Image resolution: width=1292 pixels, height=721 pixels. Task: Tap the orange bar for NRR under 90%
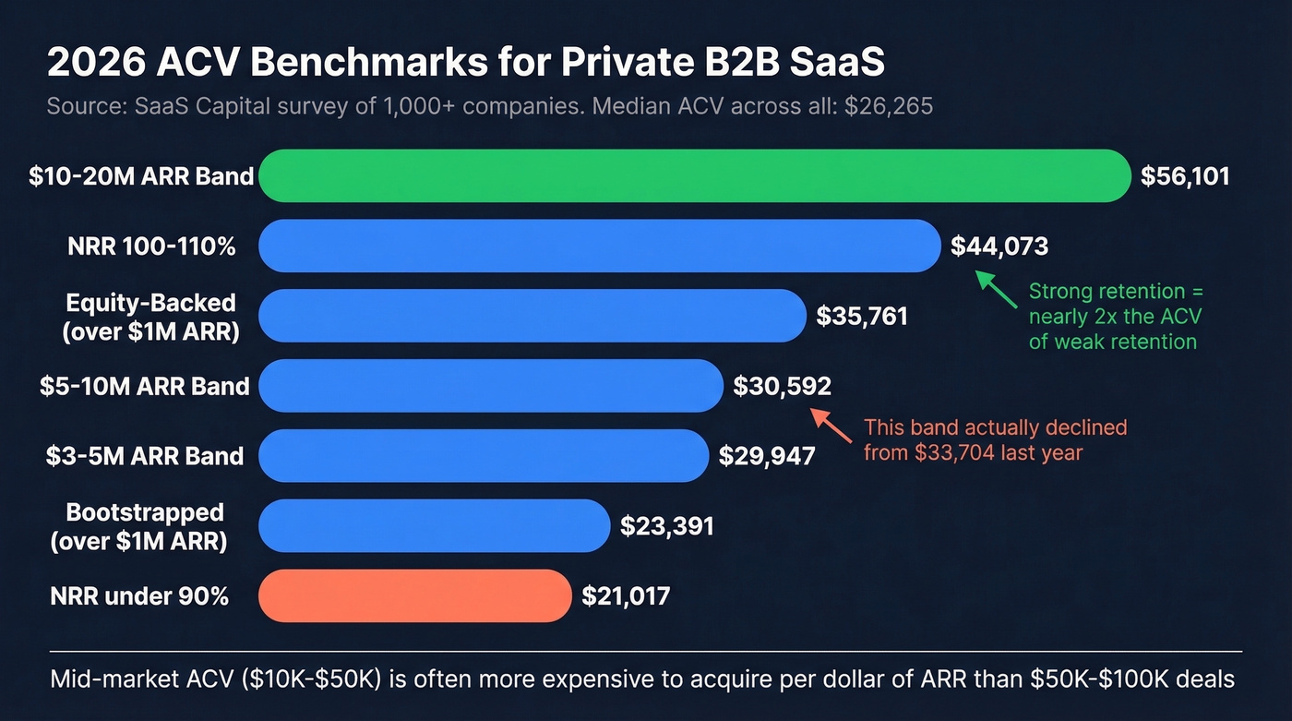(415, 595)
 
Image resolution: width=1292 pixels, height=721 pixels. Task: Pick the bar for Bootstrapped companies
(434, 525)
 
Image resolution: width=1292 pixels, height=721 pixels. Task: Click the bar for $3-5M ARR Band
(484, 455)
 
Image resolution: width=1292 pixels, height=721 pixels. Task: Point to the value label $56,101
(1185, 176)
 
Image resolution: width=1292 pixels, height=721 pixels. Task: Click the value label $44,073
(999, 246)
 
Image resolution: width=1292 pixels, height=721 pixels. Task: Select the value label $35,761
(862, 317)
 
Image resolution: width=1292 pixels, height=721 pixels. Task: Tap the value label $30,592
(782, 386)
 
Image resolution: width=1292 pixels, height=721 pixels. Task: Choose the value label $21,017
(626, 596)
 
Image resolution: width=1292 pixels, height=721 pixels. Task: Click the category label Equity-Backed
(150, 303)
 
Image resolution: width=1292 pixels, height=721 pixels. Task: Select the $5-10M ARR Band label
(145, 386)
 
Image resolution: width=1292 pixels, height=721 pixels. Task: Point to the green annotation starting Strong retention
(1116, 317)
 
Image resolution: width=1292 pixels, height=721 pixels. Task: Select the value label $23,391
(666, 526)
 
